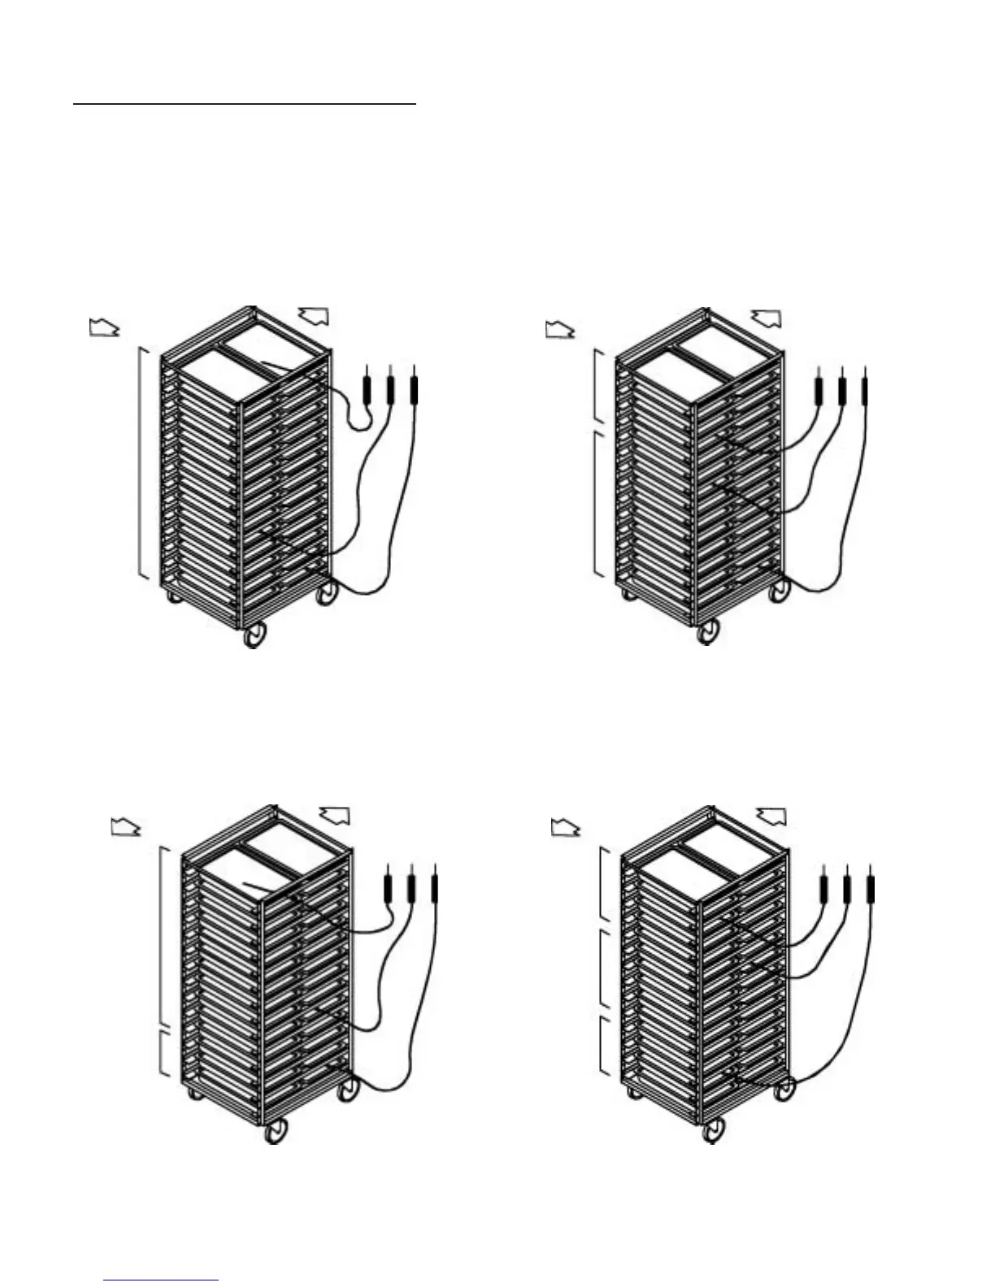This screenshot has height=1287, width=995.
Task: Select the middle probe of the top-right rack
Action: click(x=842, y=388)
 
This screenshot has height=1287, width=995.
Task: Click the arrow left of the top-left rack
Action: click(x=102, y=328)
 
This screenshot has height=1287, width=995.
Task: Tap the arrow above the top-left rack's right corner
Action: click(x=315, y=315)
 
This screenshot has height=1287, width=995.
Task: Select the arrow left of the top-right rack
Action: click(x=559, y=329)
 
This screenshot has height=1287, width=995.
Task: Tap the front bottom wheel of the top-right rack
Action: click(x=709, y=632)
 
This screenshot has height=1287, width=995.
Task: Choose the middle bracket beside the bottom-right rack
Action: click(x=602, y=967)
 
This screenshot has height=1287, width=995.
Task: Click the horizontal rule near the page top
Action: click(x=244, y=104)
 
